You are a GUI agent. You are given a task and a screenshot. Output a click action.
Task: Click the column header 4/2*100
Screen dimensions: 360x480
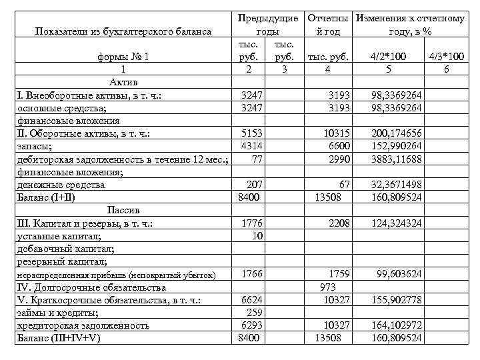click(397, 57)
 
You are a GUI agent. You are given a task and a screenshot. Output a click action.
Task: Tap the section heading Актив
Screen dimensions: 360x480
click(122, 83)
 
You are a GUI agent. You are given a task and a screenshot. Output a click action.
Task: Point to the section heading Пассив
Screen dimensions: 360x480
click(122, 210)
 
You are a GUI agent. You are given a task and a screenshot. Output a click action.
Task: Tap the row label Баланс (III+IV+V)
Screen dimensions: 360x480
click(58, 338)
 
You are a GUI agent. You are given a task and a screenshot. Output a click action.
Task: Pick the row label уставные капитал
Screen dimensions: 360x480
click(58, 236)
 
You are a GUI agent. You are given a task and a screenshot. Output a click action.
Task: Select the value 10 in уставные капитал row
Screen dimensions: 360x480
click(257, 236)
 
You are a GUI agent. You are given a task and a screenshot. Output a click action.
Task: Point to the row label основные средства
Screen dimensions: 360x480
click(61, 108)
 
